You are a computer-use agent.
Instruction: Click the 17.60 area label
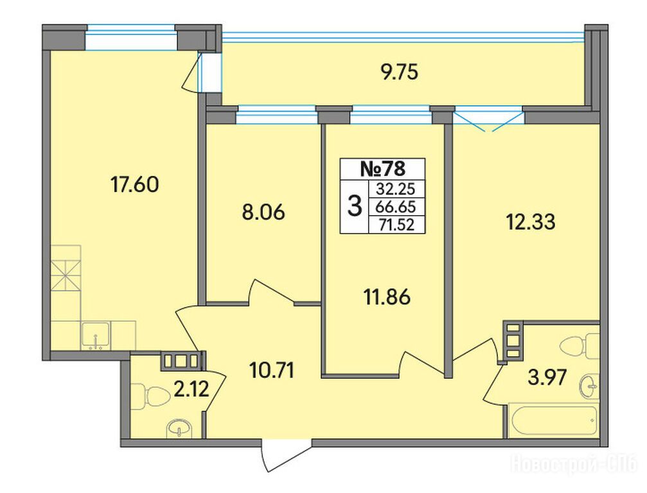(134, 185)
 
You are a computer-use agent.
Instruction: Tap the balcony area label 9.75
(399, 73)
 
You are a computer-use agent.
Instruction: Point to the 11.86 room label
(387, 297)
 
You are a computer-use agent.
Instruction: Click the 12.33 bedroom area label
(531, 222)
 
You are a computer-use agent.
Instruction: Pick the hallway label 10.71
(272, 370)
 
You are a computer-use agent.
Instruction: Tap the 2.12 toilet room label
(191, 389)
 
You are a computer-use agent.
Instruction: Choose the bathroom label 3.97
(547, 377)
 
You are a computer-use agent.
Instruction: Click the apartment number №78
(383, 169)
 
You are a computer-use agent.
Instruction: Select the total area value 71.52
(397, 225)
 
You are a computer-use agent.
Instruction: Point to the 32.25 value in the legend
(395, 189)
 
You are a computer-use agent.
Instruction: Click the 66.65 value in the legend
(395, 207)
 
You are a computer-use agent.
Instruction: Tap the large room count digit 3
(355, 206)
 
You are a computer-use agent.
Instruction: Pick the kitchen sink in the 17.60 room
(96, 335)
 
